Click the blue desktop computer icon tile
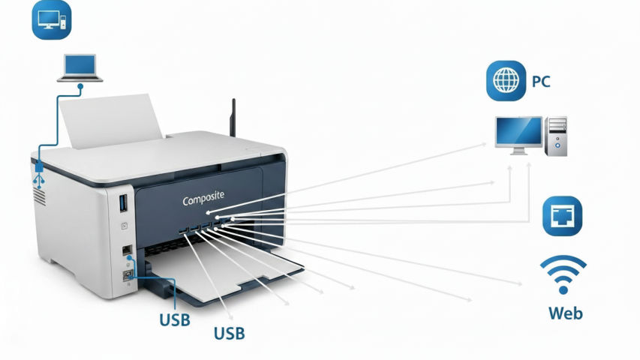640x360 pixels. pos(50,19)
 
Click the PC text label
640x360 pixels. pos(541,81)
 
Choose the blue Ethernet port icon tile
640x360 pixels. pos(562,216)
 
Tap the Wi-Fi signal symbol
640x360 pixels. pos(563,274)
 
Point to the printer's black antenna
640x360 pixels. pos(233,116)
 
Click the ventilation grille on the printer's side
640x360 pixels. pos(38,197)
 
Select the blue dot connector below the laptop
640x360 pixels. pos(80,88)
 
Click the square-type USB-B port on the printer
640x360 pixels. pos(127,275)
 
